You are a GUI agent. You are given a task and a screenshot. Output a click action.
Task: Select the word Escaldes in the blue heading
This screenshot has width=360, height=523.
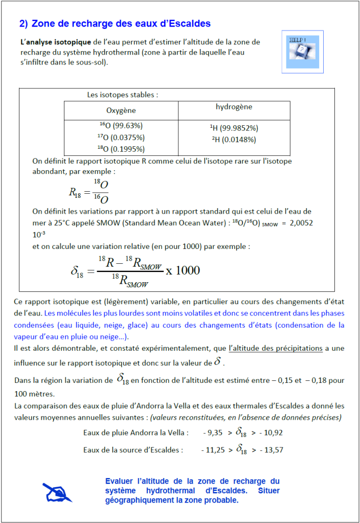[x=190, y=24]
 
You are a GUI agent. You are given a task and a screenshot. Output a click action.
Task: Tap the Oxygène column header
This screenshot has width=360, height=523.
[x=121, y=110]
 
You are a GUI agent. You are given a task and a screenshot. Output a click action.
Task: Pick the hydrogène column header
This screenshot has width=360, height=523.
[x=234, y=107]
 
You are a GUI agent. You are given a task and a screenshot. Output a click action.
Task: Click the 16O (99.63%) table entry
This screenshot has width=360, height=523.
[x=121, y=125]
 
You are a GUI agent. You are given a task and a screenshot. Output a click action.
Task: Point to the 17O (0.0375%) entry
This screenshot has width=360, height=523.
[x=121, y=137]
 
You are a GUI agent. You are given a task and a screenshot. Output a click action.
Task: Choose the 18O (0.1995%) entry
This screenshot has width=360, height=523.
[x=121, y=149]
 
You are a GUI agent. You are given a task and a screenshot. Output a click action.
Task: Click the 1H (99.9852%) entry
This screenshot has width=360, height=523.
[x=234, y=128]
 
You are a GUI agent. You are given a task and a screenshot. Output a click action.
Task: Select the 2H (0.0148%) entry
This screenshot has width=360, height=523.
[x=234, y=140]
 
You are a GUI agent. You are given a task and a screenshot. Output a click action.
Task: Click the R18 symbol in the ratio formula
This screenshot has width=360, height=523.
[x=75, y=192]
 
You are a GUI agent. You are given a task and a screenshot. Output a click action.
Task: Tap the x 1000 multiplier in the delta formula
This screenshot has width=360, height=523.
[x=183, y=270]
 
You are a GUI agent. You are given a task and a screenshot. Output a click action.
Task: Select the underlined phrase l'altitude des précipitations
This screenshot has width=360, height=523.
[x=276, y=349]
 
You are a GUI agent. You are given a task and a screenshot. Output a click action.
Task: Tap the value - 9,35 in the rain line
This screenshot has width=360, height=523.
[x=213, y=433]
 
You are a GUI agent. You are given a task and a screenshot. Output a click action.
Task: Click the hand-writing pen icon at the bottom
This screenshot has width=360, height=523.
[x=57, y=492]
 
